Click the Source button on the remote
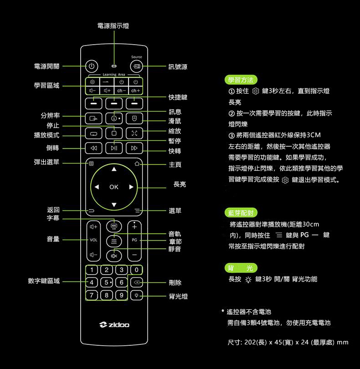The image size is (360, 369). pos(136,67)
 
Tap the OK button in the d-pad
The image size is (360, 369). pos(114,187)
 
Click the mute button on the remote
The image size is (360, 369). pos(114,255)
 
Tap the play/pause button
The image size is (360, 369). pos(114,149)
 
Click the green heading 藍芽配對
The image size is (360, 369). pos(242,213)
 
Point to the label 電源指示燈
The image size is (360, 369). pos(113,26)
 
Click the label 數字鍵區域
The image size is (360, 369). pos(44,281)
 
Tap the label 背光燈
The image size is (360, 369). pos(178,297)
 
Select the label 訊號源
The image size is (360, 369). pos(178,67)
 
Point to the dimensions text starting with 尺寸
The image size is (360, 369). pos(288,342)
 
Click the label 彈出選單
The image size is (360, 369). pos(46,163)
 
